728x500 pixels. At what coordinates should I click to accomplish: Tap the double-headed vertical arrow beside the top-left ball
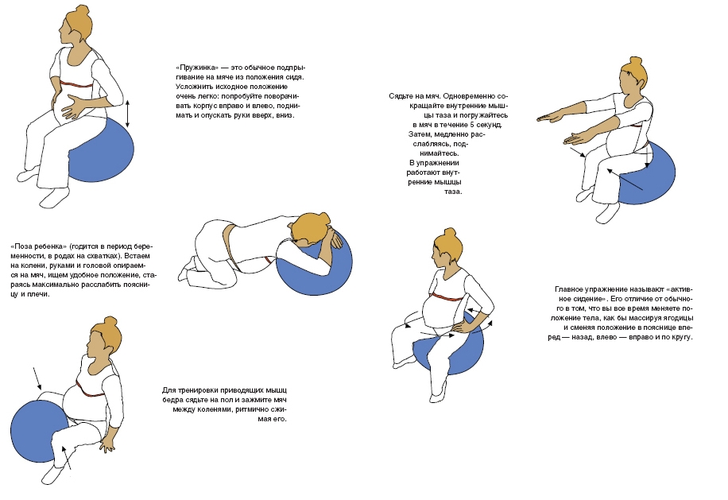128,114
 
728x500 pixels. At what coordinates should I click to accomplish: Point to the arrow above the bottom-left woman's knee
37,378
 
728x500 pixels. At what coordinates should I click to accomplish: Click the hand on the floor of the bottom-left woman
107,444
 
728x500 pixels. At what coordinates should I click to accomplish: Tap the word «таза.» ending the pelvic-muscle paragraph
453,192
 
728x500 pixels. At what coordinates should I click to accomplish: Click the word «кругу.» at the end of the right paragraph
682,337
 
